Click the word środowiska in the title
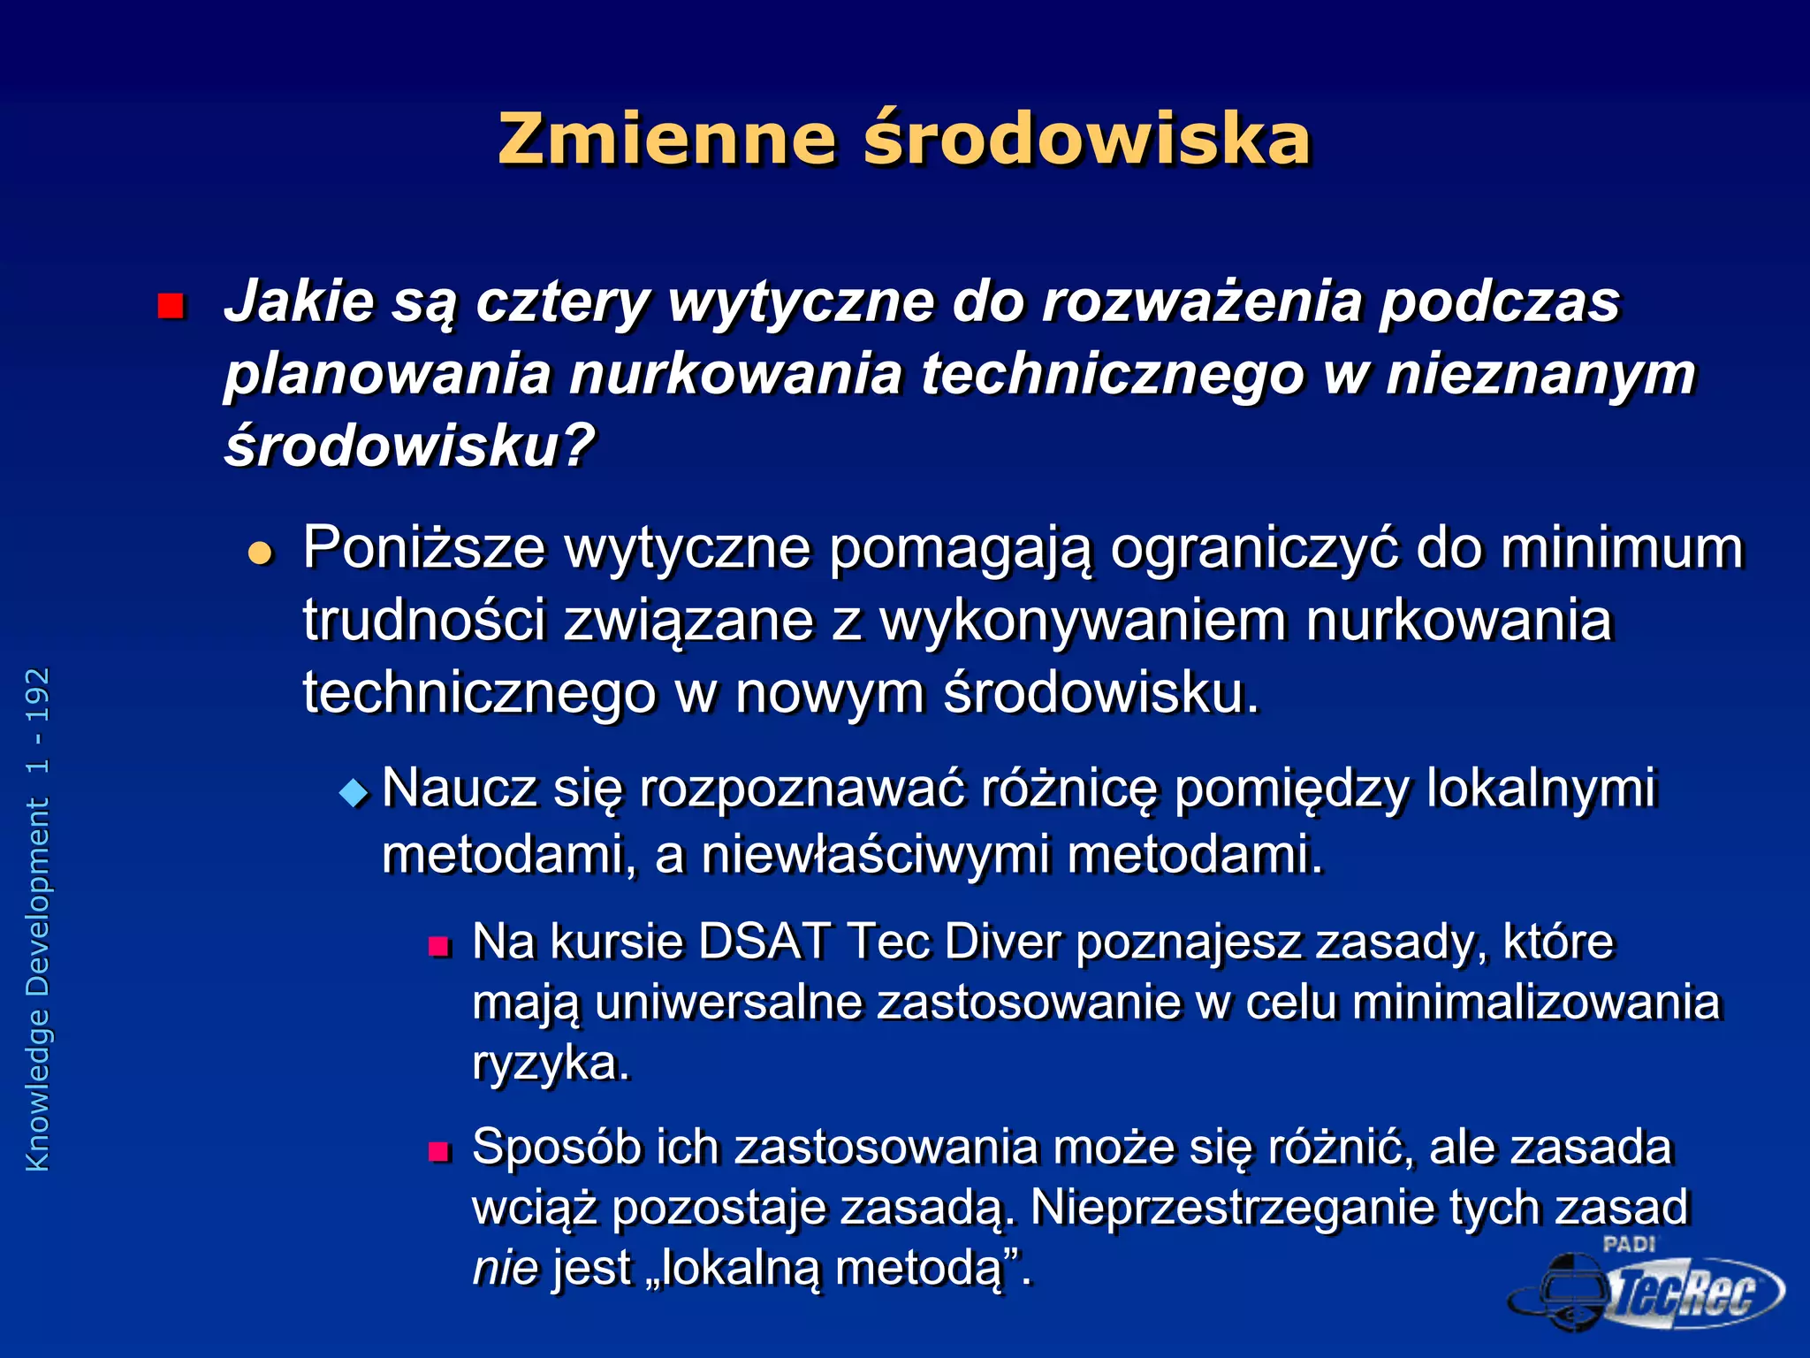1086,139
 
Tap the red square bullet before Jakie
170,306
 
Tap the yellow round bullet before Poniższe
261,553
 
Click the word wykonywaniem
1083,620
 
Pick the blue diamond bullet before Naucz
354,792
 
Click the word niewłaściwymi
875,855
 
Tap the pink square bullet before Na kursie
439,947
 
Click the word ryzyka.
551,1063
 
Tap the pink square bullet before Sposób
439,1151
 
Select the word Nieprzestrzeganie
1232,1207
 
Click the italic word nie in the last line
505,1268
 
